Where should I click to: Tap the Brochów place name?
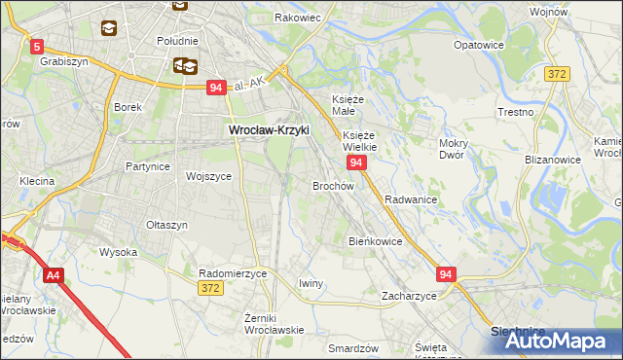point(332,185)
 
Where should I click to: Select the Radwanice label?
point(410,199)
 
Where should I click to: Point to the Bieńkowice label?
point(375,240)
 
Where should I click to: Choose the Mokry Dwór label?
point(454,149)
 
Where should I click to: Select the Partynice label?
point(148,166)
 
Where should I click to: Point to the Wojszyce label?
point(208,176)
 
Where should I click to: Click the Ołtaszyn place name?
point(166,225)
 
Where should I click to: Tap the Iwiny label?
point(311,282)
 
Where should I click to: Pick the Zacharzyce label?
point(409,295)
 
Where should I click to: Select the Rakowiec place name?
point(297,18)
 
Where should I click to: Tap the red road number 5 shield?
point(37,46)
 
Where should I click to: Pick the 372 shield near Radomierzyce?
point(209,288)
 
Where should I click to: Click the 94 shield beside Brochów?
point(356,162)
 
